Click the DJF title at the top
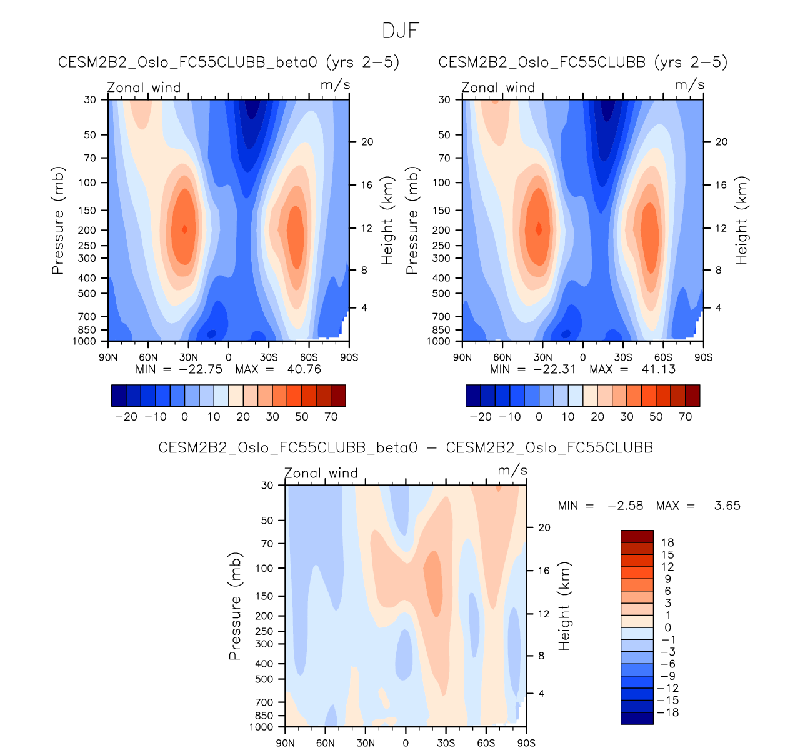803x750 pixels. click(x=401, y=31)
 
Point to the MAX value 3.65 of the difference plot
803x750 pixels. click(x=727, y=506)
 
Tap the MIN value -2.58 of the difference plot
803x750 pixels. click(x=625, y=506)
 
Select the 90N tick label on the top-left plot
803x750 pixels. click(x=108, y=357)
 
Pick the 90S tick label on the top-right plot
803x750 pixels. click(x=703, y=357)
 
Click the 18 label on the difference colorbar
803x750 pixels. click(x=667, y=542)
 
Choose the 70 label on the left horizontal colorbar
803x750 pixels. click(x=331, y=417)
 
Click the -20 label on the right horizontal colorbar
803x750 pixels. click(x=480, y=417)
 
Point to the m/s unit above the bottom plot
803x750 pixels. click(x=512, y=471)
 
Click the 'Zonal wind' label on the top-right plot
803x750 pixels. click(x=498, y=87)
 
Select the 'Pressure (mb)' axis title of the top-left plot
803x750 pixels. click(x=58, y=221)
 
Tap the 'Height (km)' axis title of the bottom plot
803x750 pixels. click(x=565, y=606)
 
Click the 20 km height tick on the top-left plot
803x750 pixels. click(x=367, y=142)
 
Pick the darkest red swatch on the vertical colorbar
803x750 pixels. click(x=637, y=536)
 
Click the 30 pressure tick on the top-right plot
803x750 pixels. click(x=444, y=99)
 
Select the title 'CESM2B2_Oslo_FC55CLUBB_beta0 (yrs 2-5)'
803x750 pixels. click(x=229, y=62)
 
